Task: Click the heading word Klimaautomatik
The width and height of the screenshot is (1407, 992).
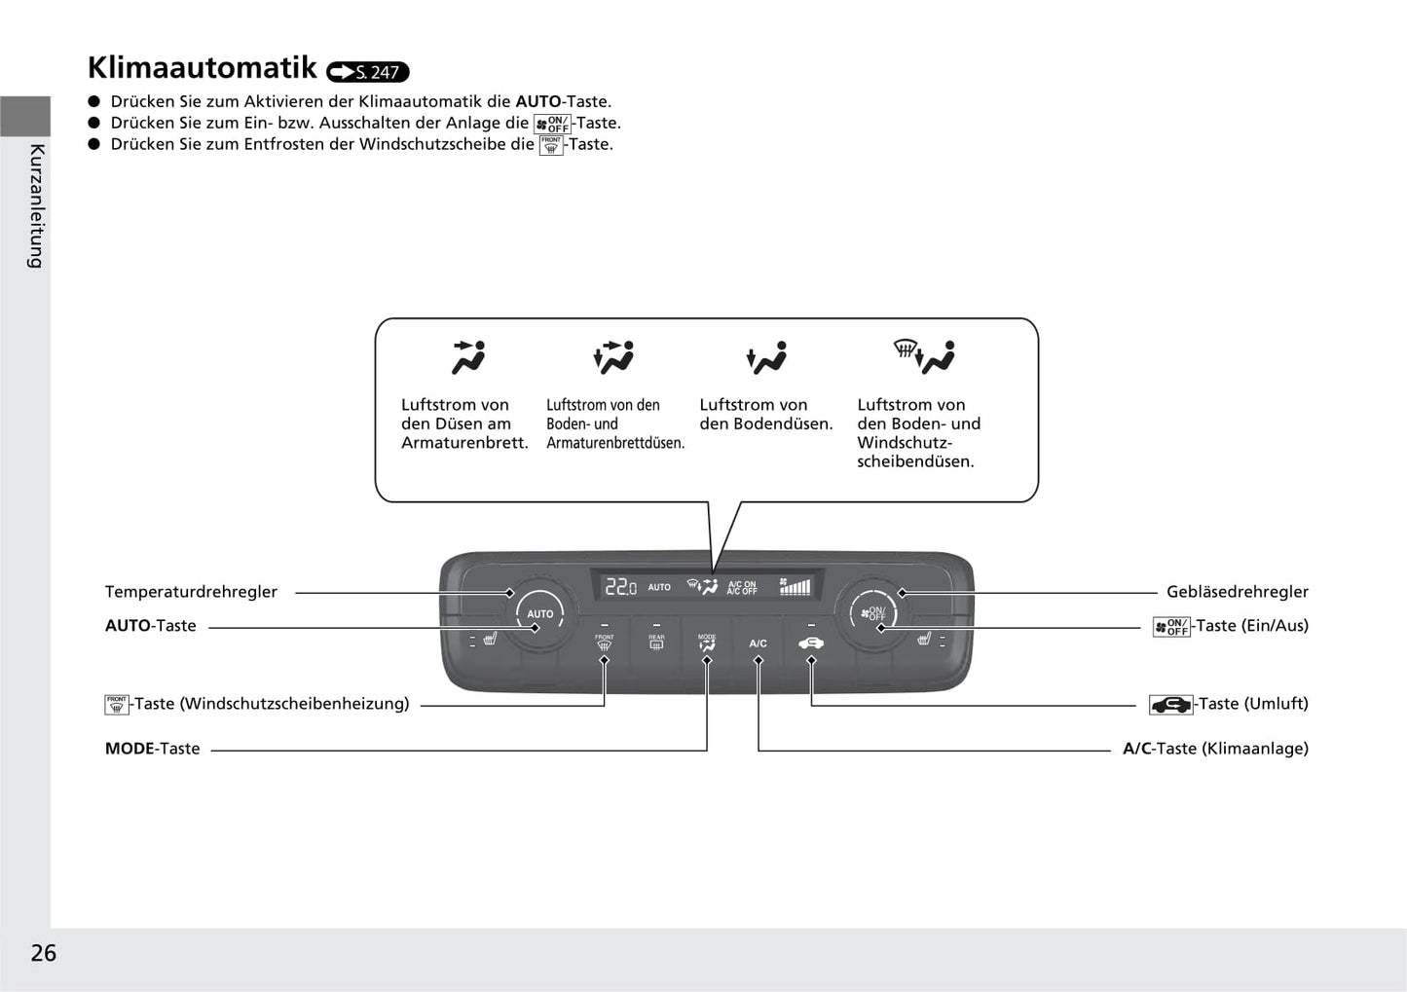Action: tap(202, 68)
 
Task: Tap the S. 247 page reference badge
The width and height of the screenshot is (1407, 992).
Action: tap(368, 72)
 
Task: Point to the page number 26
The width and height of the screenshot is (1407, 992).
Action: tap(44, 953)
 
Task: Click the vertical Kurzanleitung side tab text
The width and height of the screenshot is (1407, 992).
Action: tap(37, 205)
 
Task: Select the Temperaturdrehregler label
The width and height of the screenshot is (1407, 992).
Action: tap(191, 592)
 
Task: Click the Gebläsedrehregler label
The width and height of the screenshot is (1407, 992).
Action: tap(1237, 592)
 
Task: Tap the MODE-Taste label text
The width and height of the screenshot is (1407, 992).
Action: tap(152, 749)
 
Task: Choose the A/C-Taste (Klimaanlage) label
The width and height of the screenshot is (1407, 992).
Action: tap(1215, 749)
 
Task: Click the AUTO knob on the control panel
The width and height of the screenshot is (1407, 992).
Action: tap(538, 613)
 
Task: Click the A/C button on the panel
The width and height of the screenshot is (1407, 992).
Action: tap(758, 643)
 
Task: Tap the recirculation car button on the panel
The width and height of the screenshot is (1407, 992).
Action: tap(810, 643)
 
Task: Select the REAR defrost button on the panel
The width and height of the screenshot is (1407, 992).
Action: tap(656, 643)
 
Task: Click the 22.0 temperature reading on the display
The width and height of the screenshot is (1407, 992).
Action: tap(620, 587)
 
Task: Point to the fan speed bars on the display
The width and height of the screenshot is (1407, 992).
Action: tap(795, 587)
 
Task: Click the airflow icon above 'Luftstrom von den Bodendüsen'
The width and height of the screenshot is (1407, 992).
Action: tap(766, 358)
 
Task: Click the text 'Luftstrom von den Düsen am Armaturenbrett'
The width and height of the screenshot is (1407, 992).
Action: tap(463, 423)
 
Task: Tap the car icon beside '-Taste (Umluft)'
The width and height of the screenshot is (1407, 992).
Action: tap(1170, 705)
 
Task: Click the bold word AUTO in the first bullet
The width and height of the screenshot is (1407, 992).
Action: tap(537, 101)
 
